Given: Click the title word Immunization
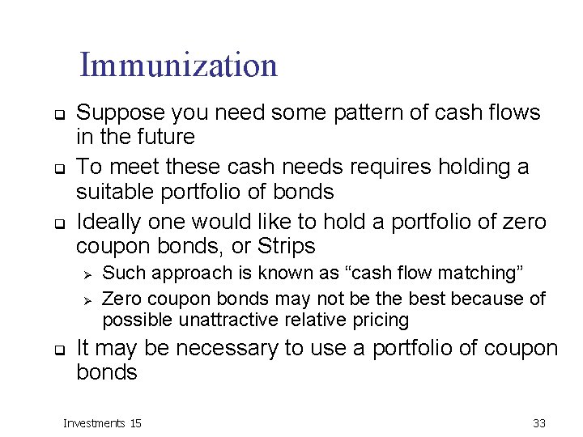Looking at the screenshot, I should click(x=178, y=66).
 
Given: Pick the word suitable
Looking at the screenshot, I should click(x=114, y=191).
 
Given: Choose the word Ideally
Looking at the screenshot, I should click(x=107, y=221).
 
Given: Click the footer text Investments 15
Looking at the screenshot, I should click(x=102, y=422).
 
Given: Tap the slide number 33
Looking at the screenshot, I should click(x=539, y=422).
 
